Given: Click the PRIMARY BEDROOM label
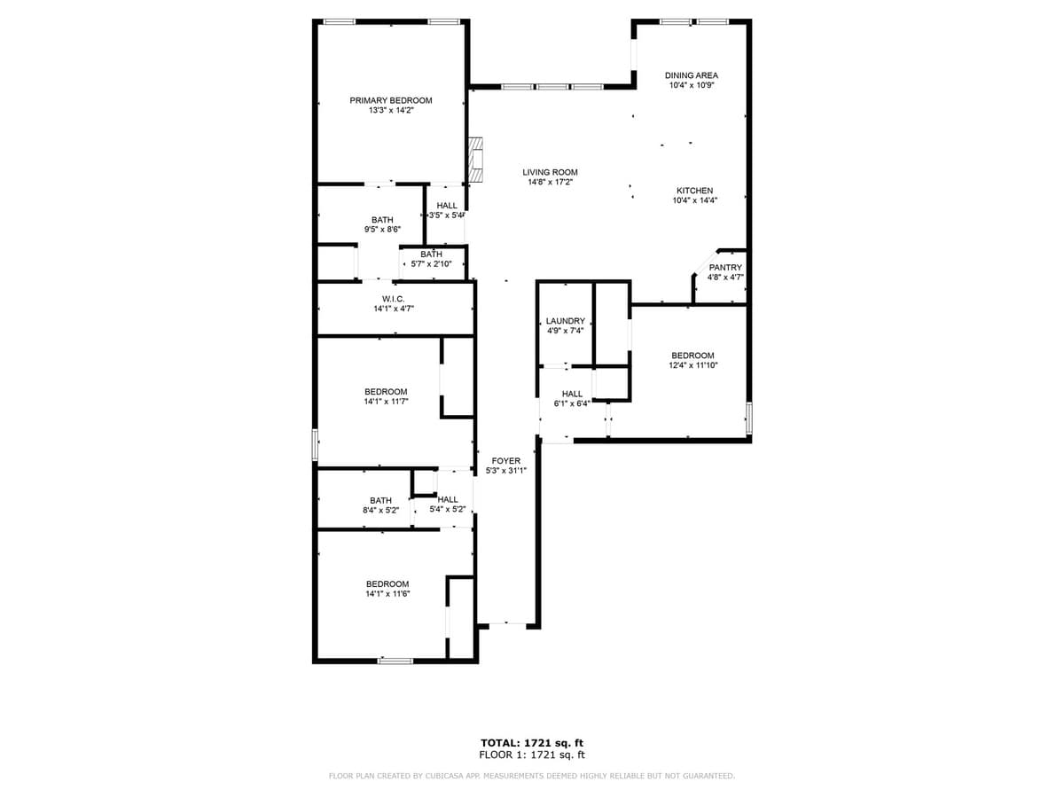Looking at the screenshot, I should (x=390, y=100).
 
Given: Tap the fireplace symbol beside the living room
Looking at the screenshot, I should (x=476, y=160).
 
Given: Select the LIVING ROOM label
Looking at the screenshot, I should (x=550, y=172).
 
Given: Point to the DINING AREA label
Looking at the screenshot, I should (x=692, y=75).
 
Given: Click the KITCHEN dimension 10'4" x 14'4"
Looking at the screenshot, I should (x=694, y=200).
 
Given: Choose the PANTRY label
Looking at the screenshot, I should (x=725, y=267).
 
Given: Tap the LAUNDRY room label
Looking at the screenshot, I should (x=565, y=321).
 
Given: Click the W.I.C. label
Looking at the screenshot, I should (x=394, y=299).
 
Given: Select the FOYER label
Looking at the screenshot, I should (x=506, y=461).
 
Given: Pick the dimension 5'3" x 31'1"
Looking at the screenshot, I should (x=506, y=471).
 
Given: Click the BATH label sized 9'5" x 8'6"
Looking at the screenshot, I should (x=382, y=219).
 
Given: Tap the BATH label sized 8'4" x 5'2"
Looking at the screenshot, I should (x=380, y=500).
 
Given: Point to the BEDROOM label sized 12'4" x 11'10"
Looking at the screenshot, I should (x=692, y=356).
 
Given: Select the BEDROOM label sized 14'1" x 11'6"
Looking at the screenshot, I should (x=387, y=583).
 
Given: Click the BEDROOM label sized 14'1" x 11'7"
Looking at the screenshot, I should (x=386, y=391).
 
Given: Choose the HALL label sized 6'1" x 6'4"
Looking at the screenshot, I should (x=572, y=394).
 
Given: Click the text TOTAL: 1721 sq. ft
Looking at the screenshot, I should (x=532, y=743).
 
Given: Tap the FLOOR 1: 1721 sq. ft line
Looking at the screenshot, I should (x=532, y=755).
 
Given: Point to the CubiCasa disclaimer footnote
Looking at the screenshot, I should (x=532, y=777).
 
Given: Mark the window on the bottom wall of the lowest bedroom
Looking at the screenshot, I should (x=395, y=661).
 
